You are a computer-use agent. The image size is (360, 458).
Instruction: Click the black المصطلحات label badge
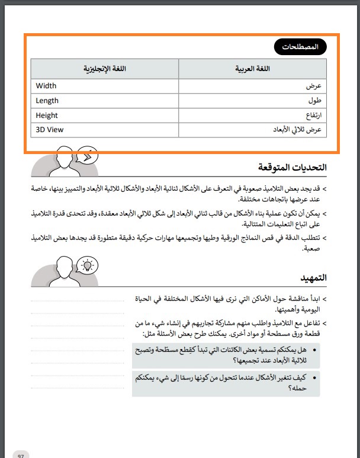pyautogui.click(x=301, y=46)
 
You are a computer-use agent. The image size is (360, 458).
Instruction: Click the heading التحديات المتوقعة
pyautogui.click(x=292, y=168)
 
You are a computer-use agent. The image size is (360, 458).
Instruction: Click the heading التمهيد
pyautogui.click(x=313, y=277)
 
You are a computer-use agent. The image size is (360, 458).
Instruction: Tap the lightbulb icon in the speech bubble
pyautogui.click(x=88, y=264)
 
